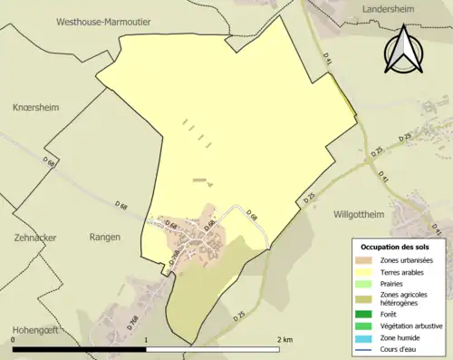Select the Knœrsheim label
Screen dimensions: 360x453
tap(35, 107)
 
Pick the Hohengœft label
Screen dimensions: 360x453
tap(35, 329)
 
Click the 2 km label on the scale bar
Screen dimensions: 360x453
tap(284, 339)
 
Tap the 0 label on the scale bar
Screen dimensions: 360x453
tap(14, 339)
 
